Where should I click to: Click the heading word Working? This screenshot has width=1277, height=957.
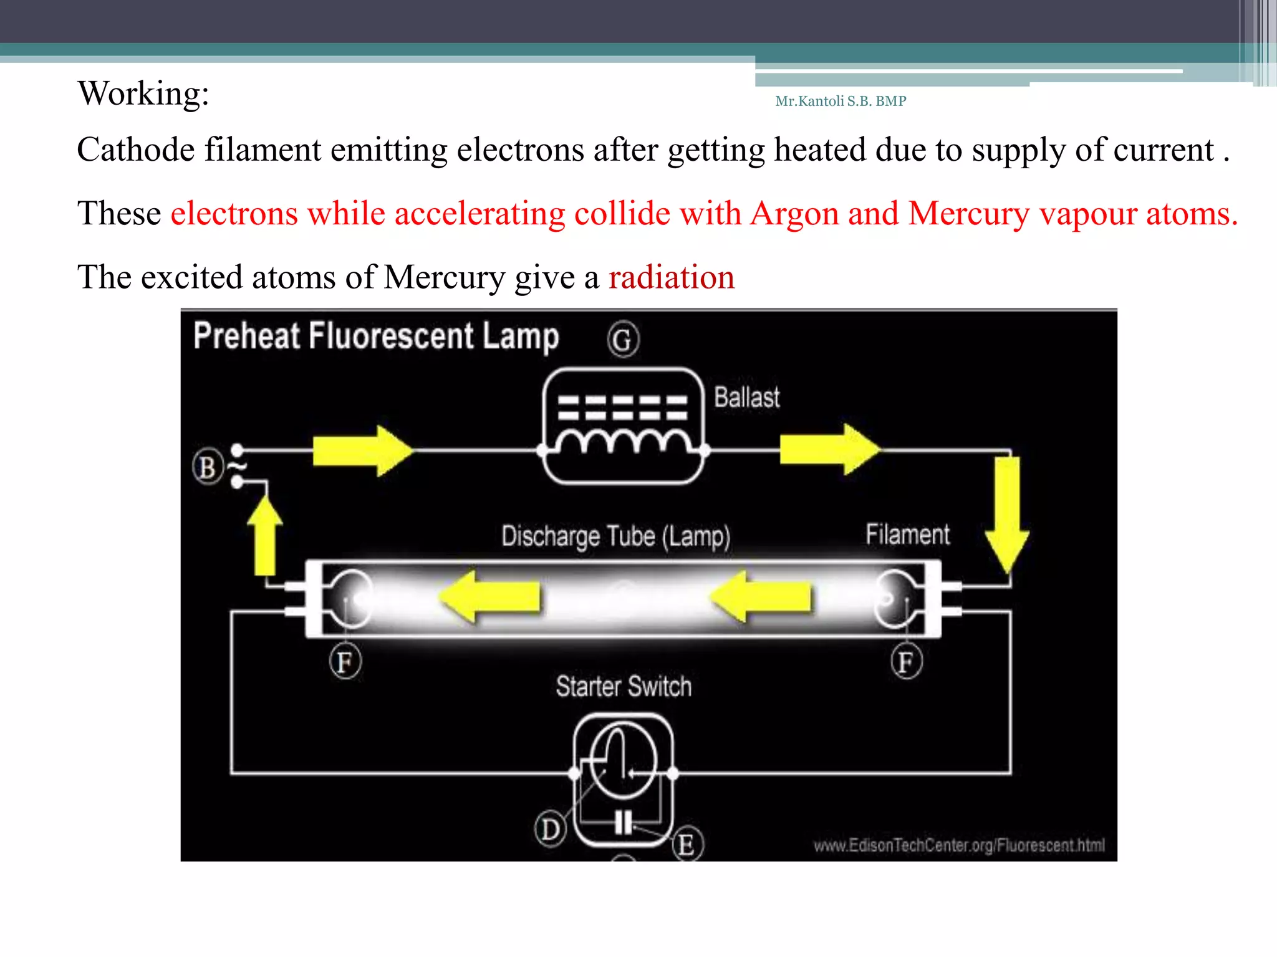(143, 94)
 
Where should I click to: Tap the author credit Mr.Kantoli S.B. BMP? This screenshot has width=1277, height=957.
(840, 101)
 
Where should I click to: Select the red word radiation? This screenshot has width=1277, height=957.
(672, 277)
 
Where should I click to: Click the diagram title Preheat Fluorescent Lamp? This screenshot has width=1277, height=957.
(376, 336)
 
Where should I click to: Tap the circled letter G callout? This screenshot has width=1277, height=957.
(622, 340)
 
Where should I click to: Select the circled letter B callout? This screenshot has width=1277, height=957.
(208, 467)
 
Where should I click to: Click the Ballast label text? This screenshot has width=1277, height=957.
(746, 398)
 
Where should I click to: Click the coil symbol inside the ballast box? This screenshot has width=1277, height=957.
(624, 441)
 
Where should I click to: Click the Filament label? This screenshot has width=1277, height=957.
(907, 535)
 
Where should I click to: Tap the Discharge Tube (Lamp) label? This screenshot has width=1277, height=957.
(615, 536)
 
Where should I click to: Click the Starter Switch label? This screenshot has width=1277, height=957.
(624, 687)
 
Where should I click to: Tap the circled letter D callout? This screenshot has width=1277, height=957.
(550, 829)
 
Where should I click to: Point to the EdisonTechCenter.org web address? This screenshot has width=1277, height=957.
(958, 845)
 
